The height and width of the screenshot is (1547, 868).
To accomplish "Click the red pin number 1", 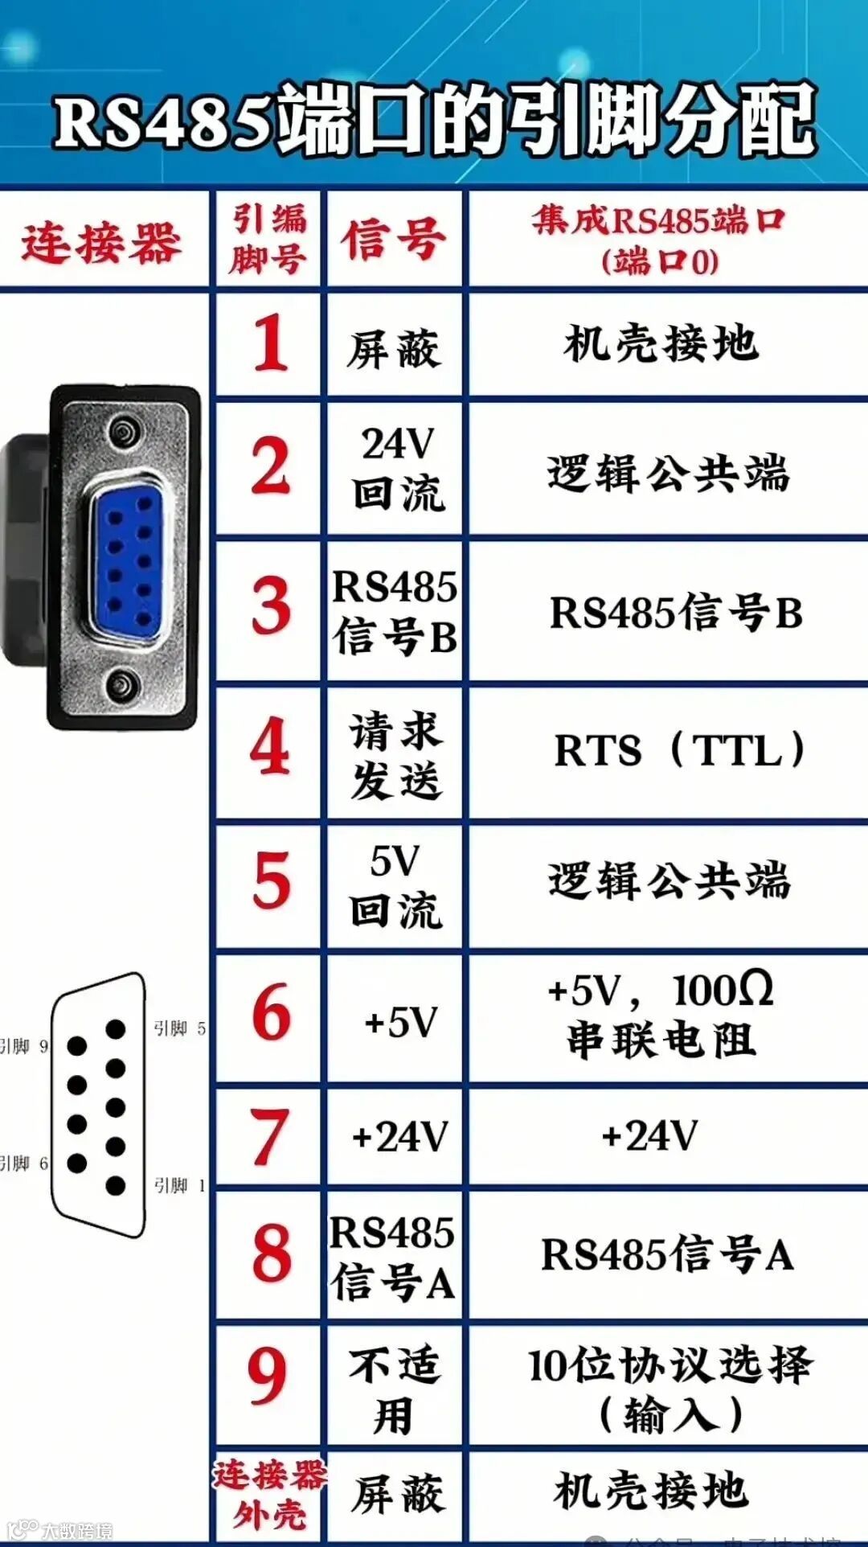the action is (270, 343).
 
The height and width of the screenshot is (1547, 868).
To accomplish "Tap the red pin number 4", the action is (270, 746).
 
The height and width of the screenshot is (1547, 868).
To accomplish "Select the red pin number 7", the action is (270, 1135).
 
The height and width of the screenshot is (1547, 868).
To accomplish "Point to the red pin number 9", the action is (268, 1376).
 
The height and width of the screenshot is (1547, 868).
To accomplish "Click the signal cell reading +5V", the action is (399, 1022).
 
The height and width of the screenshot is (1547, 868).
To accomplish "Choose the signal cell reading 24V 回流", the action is (397, 469).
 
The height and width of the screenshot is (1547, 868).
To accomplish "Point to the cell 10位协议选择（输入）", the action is (670, 1389).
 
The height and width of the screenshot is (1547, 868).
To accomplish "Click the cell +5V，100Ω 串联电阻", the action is (661, 1015).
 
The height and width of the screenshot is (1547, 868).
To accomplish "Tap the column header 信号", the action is (394, 240).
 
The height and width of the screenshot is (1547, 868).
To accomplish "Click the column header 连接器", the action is (101, 242).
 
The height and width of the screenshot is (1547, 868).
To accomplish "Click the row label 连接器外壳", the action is (268, 1495).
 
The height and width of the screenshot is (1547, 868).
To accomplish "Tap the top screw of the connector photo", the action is (125, 430).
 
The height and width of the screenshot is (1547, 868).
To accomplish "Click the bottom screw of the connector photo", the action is (125, 686).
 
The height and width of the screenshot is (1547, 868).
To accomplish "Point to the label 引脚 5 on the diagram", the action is (179, 1028).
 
